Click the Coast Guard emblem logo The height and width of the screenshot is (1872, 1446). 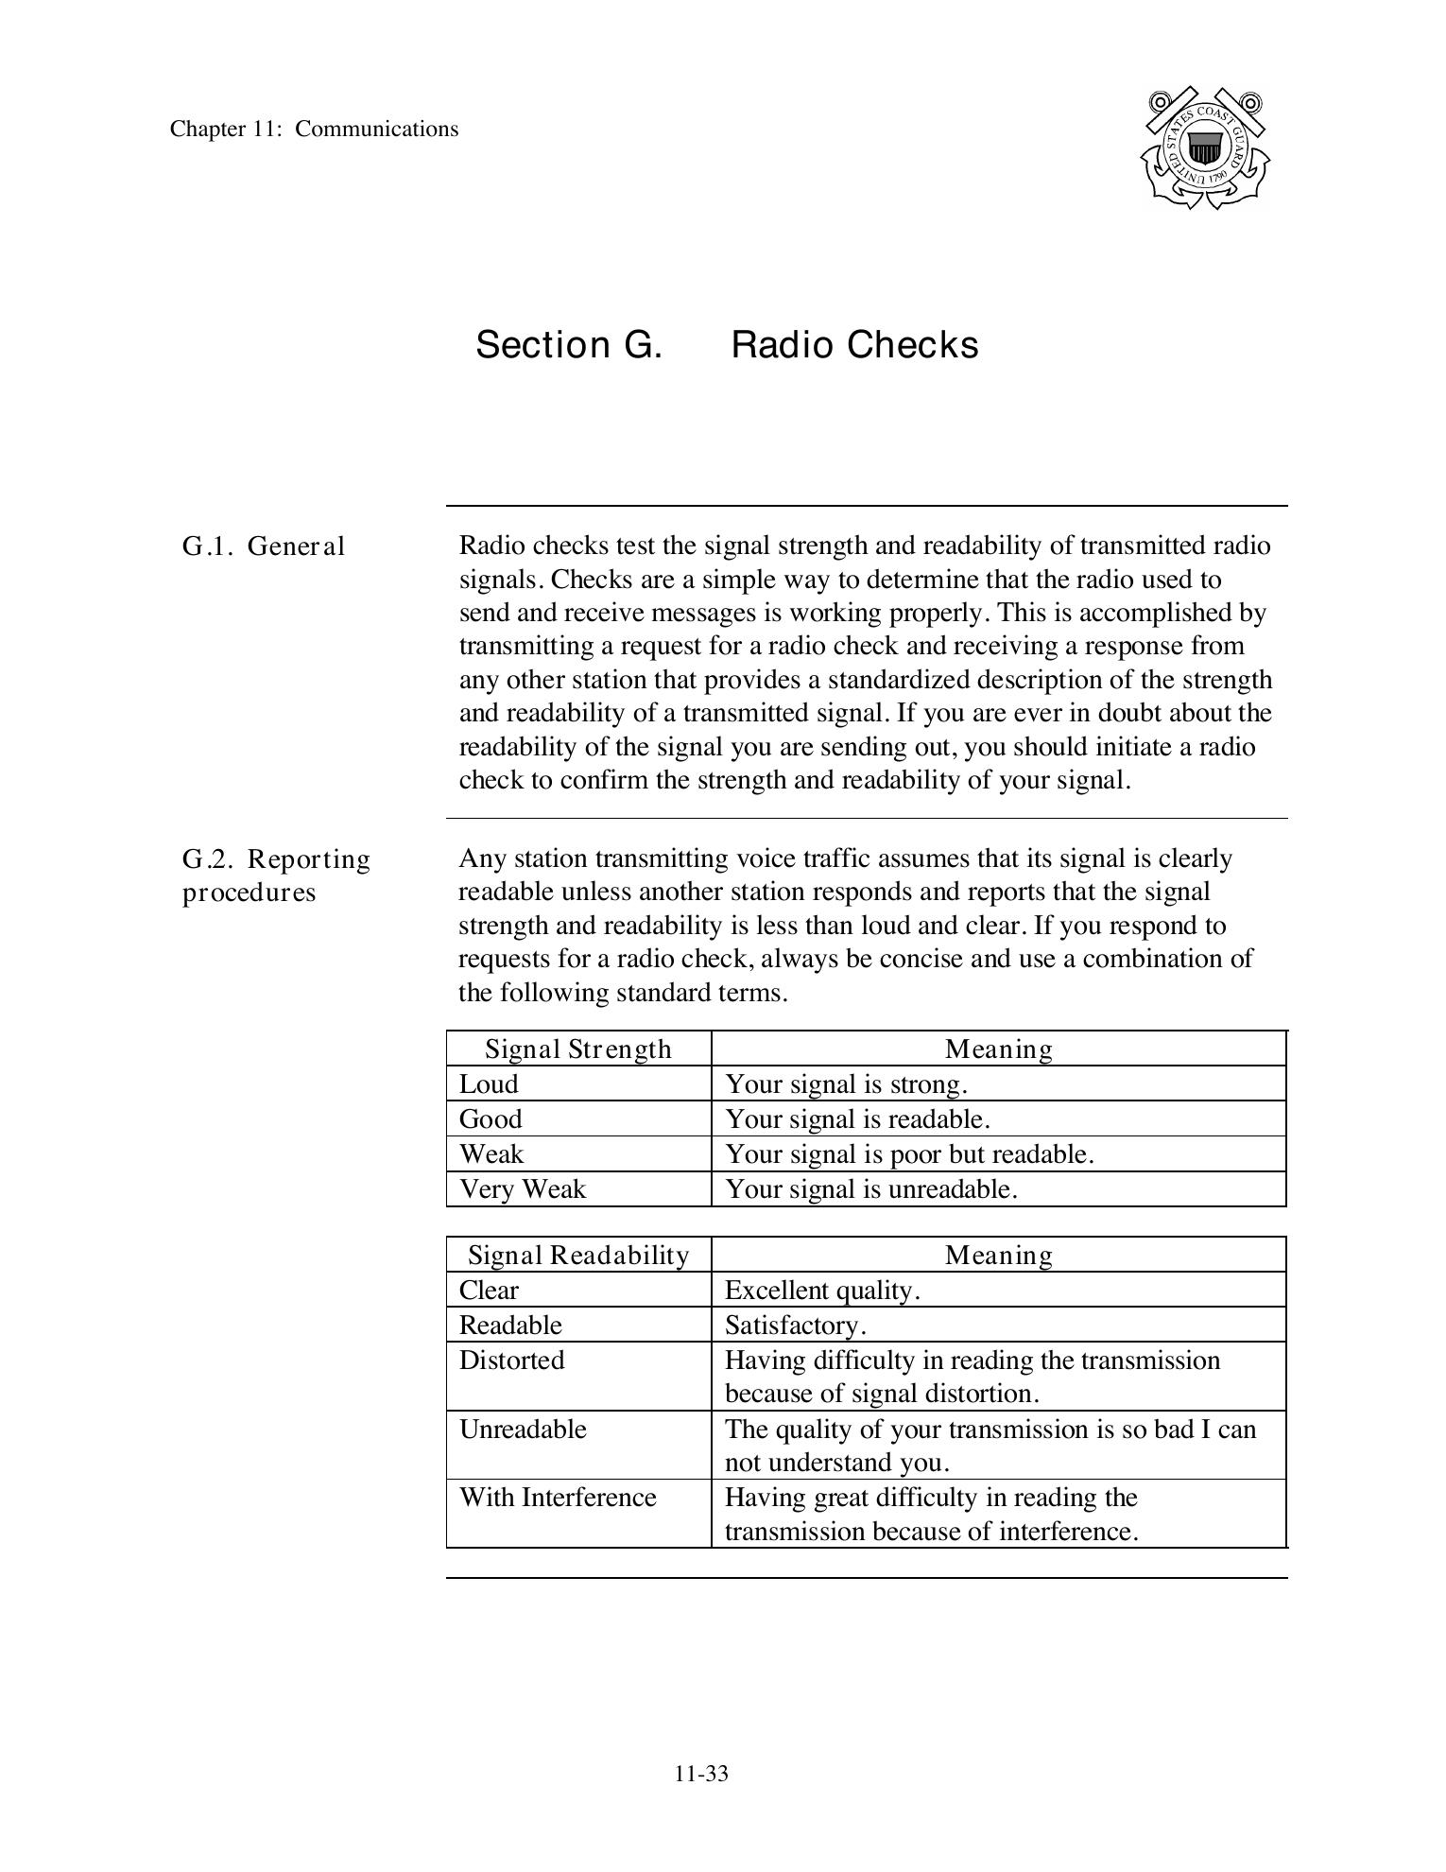point(1204,148)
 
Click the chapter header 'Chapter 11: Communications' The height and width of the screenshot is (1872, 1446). point(314,130)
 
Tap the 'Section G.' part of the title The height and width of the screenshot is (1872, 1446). point(568,345)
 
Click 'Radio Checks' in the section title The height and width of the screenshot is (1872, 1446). point(854,345)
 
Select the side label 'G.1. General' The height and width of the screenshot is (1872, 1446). point(264,546)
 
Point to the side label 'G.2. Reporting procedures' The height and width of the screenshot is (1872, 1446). point(276,875)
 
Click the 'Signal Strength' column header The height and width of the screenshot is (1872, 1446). point(577,1049)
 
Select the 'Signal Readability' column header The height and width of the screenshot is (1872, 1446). point(578,1256)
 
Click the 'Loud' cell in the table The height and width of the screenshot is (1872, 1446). point(489,1084)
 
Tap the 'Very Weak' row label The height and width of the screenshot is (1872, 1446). point(523,1189)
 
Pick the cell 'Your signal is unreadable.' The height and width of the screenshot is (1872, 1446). point(870,1189)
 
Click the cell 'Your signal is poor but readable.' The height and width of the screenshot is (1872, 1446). point(909,1154)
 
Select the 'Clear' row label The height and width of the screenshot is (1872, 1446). point(489,1291)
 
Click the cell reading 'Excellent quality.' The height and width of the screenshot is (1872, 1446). point(822,1291)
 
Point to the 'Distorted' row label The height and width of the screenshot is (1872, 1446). point(511,1361)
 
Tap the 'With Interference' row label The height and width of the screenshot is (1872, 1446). point(558,1498)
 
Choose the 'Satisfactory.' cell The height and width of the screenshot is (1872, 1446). point(795,1326)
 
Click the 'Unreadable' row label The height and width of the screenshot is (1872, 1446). point(523,1430)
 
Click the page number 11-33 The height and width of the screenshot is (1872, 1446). point(701,1774)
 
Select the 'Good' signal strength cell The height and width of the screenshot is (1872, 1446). point(491,1119)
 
